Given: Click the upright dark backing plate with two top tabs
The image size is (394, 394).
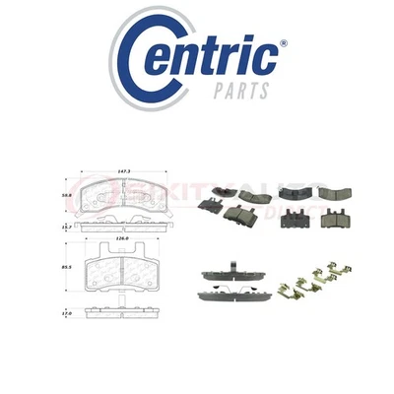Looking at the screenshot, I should [x=295, y=218].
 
